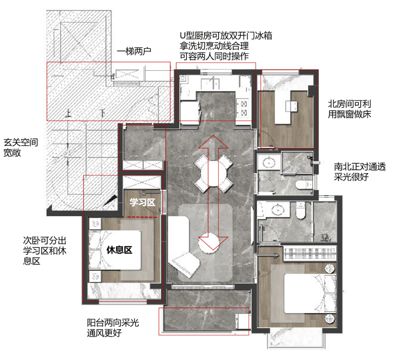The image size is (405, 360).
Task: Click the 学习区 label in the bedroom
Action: point(142,203)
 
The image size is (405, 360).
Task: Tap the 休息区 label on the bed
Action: point(119,250)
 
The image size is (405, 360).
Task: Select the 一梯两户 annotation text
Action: point(134,51)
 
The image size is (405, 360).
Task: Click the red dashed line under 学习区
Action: point(141,217)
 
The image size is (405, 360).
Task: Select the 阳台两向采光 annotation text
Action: point(113,323)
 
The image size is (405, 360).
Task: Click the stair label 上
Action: point(68,113)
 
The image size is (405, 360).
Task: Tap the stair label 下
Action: point(102,112)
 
